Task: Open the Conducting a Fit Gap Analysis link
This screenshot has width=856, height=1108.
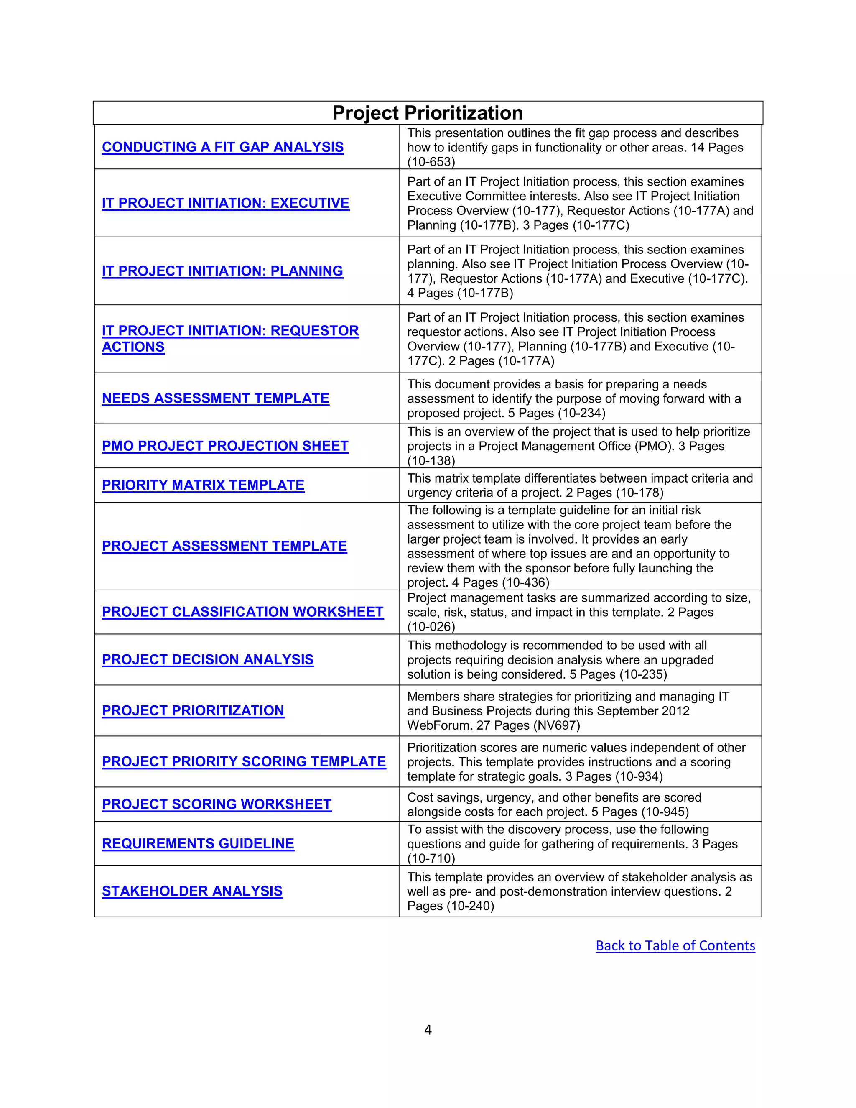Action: coord(223,147)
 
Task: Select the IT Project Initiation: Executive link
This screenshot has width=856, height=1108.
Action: coord(226,204)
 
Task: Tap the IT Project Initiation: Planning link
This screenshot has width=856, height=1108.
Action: coord(222,271)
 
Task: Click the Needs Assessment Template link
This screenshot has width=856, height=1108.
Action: coord(216,398)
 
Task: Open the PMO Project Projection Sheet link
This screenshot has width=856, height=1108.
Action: coord(225,446)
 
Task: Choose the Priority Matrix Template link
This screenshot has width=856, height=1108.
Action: coord(203,485)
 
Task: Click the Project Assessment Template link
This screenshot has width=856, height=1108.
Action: coord(224,546)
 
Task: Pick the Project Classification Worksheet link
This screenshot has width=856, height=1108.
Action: coord(242,612)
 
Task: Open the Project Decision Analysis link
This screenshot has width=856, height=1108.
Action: coord(207,659)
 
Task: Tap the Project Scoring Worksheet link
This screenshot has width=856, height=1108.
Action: coord(217,804)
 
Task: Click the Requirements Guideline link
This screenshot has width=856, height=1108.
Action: coord(198,843)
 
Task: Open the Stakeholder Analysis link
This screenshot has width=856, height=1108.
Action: coord(192,891)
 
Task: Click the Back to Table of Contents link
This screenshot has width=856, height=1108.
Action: coord(675,946)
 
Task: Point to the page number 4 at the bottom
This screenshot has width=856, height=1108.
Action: coord(428,1030)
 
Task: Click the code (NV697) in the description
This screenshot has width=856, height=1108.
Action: coord(557,725)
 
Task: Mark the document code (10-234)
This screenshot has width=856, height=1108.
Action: coord(582,414)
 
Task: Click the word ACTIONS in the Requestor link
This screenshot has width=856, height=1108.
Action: coord(133,347)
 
